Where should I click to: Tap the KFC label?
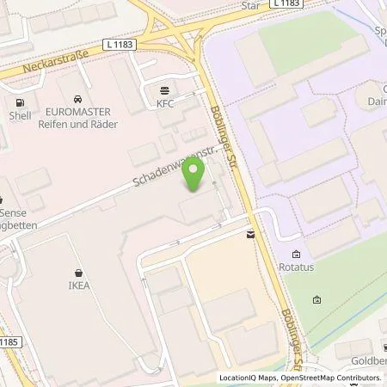pos(165,103)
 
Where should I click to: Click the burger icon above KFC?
pos(165,90)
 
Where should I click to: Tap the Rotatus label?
pos(297,267)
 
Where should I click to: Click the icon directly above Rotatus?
pos(297,255)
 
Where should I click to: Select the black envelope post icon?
pos(249,234)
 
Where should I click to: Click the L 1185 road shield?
pos(9,341)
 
